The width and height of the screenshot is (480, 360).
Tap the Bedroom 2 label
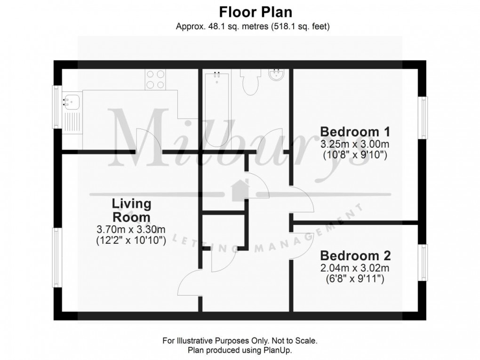[355, 256]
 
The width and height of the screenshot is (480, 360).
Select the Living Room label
[131, 210]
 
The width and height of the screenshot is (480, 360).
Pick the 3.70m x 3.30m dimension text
[131, 230]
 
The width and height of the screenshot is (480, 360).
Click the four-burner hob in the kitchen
[155, 80]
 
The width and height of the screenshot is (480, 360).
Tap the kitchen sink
[72, 101]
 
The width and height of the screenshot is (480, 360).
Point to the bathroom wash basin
[275, 76]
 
